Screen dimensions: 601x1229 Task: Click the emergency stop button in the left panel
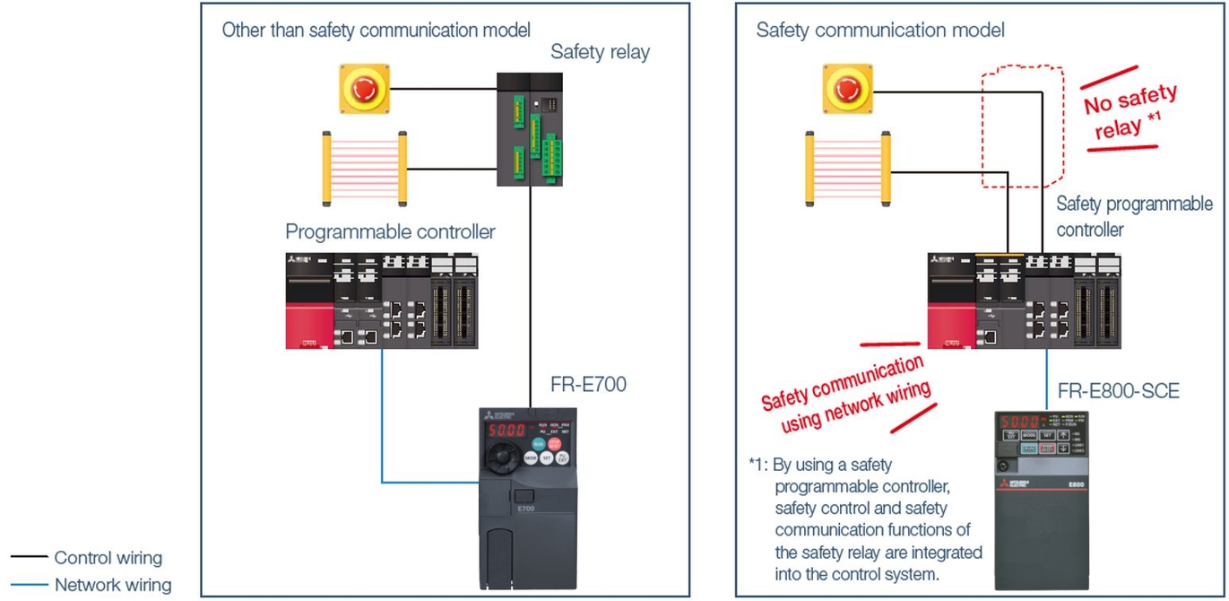[364, 88]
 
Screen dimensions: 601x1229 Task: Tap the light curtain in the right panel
[848, 166]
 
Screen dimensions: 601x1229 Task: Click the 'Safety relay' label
[600, 52]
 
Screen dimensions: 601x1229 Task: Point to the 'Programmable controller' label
[390, 232]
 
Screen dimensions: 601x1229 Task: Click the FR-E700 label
[588, 386]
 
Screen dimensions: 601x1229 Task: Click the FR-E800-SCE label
[1118, 391]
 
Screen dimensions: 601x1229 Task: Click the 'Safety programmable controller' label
[1133, 216]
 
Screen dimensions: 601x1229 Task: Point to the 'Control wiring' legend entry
[108, 558]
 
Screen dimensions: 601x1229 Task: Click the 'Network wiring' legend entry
[112, 585]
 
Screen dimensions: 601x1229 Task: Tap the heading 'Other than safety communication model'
[376, 30]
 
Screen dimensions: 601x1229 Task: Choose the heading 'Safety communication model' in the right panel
[880, 30]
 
